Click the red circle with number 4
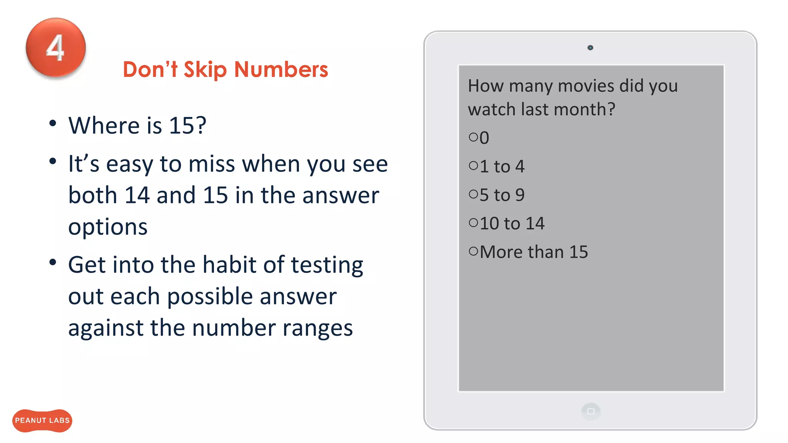[56, 48]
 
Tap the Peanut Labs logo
[42, 420]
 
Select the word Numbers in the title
[281, 69]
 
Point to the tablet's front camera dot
[590, 48]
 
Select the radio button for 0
[473, 137]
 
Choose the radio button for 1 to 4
[473, 166]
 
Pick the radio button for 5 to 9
[473, 194]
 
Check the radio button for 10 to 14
[473, 223]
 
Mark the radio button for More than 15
[473, 251]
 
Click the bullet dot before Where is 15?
[53, 123]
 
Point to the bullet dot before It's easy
[53, 162]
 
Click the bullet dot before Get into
[53, 263]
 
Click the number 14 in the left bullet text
[137, 195]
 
